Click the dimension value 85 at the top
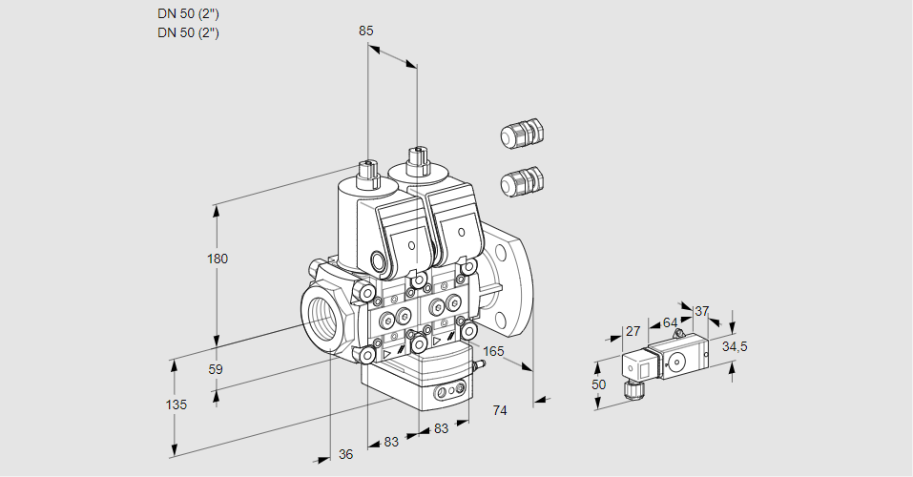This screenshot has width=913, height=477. [366, 31]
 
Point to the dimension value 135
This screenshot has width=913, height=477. [176, 404]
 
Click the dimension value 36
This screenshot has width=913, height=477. [345, 455]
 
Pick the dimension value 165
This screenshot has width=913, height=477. [493, 351]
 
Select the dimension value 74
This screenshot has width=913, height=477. [499, 410]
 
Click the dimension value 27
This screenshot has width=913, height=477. [633, 331]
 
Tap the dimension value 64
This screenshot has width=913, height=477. [670, 322]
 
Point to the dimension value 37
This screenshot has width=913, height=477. [702, 311]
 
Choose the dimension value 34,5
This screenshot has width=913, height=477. [735, 346]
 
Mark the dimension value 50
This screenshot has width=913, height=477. [598, 384]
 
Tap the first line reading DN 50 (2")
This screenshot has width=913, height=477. [189, 13]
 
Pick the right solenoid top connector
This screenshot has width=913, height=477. [417, 156]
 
